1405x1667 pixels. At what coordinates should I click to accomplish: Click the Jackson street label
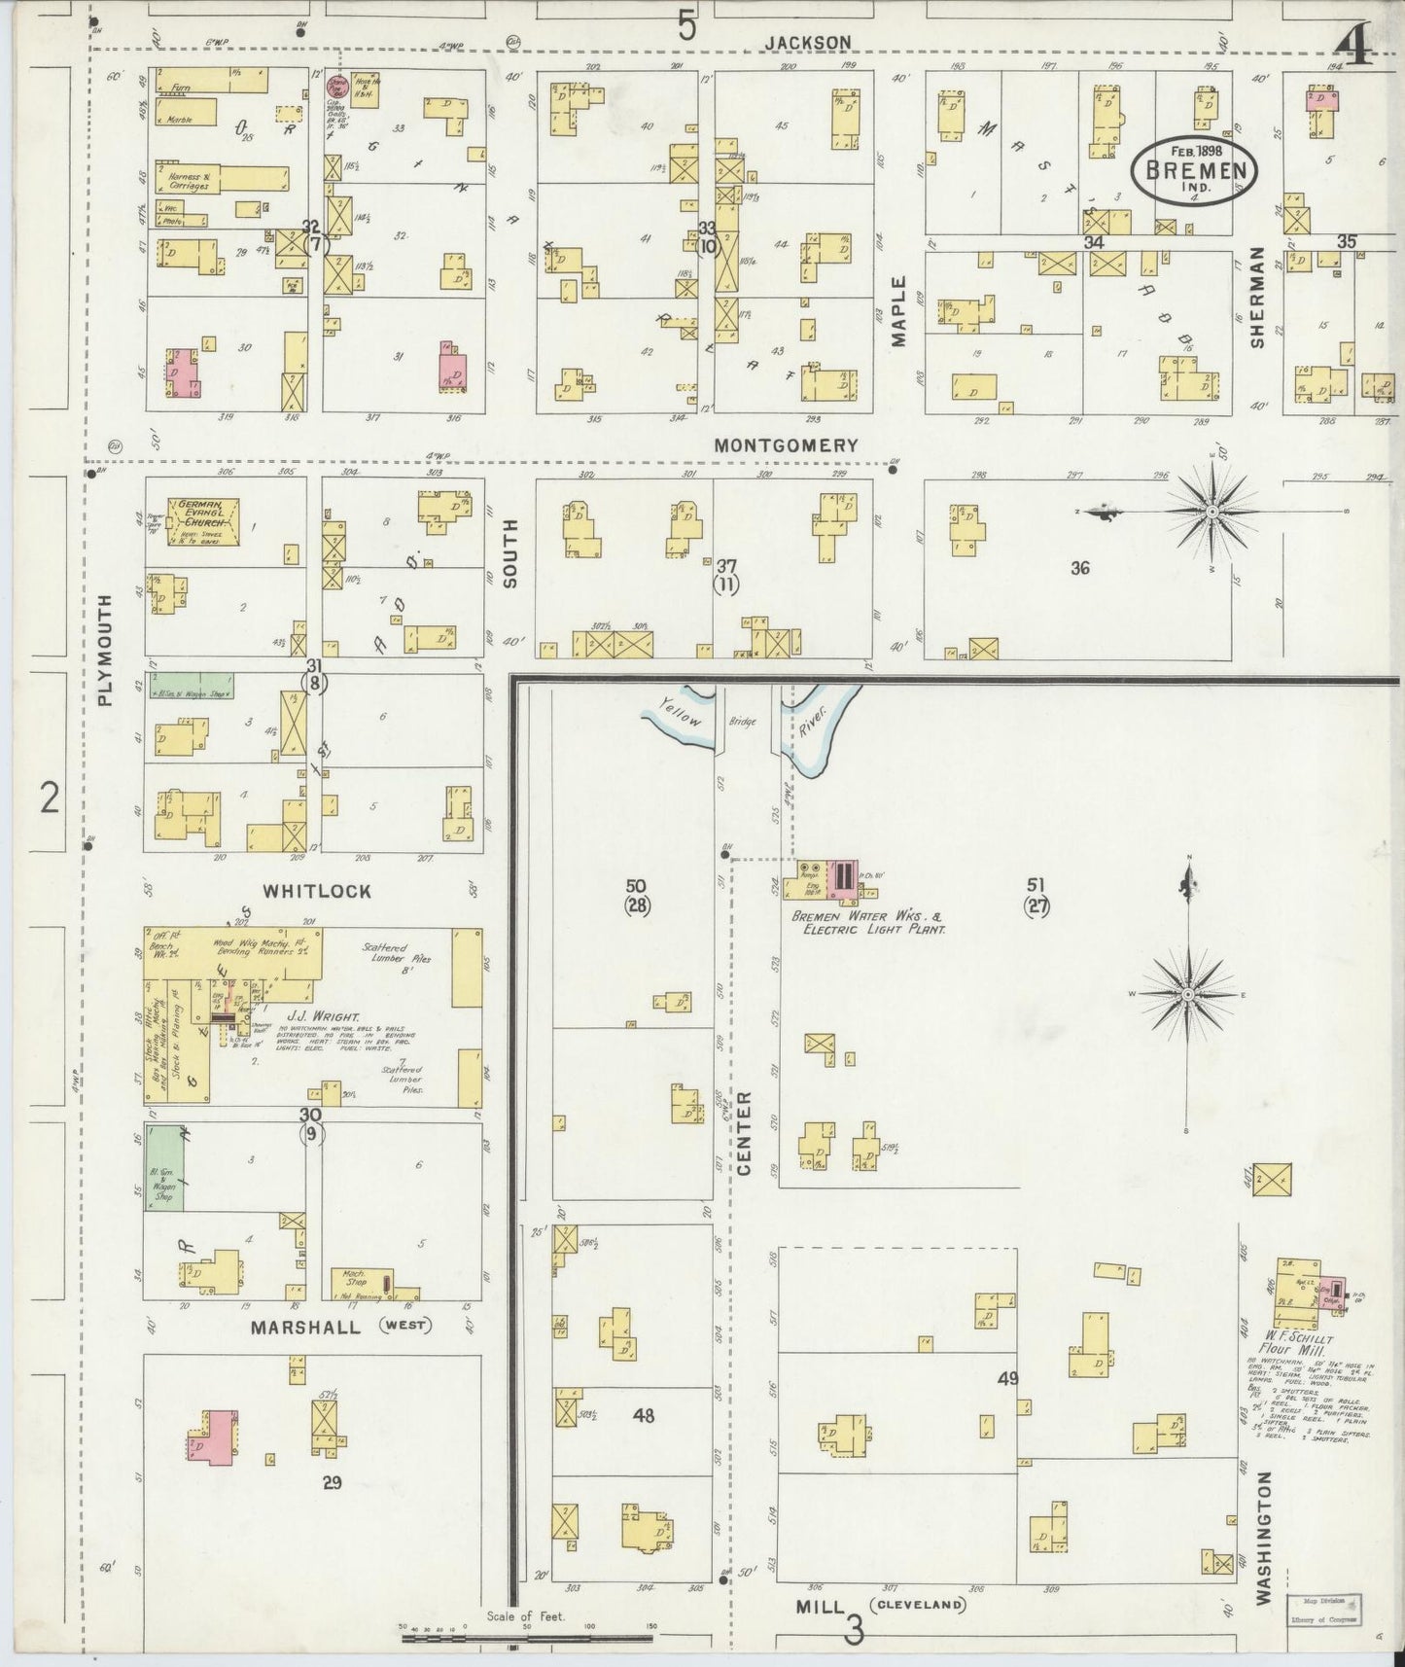807,42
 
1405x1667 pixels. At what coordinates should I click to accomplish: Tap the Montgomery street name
787,445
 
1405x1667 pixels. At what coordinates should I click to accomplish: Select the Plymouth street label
106,650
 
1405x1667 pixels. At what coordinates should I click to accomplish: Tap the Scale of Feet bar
525,1638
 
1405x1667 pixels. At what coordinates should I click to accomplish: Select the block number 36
1079,568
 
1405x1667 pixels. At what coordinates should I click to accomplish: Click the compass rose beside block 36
1212,510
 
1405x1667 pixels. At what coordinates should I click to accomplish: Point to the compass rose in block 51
1187,994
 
